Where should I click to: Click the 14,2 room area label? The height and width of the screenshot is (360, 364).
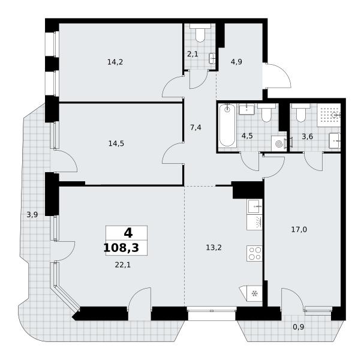115,62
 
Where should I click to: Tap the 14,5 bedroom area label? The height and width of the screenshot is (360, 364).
116,143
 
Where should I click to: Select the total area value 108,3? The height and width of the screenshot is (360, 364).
121,248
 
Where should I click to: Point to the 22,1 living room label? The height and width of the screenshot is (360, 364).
123,265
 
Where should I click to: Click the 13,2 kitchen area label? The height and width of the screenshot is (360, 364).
214,248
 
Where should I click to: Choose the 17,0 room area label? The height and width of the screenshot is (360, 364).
299,230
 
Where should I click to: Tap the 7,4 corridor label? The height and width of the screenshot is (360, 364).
195,128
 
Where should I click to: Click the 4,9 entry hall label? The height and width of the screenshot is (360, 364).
236,62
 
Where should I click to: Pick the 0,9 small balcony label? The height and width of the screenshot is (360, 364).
298,327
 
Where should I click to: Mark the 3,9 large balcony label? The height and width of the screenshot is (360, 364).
32,215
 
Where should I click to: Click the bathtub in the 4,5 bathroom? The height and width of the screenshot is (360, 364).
227,125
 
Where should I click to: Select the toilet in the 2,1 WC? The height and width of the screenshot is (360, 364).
200,33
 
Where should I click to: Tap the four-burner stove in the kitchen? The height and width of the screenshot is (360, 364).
255,253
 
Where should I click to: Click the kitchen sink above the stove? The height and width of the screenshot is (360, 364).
255,206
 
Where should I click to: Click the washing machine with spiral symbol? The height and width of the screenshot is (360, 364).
279,144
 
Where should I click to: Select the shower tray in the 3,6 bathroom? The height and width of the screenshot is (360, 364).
329,115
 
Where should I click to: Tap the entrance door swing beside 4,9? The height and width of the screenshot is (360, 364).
276,75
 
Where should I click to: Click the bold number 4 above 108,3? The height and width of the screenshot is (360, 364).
128,233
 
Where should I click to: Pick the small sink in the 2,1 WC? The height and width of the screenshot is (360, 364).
212,58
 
